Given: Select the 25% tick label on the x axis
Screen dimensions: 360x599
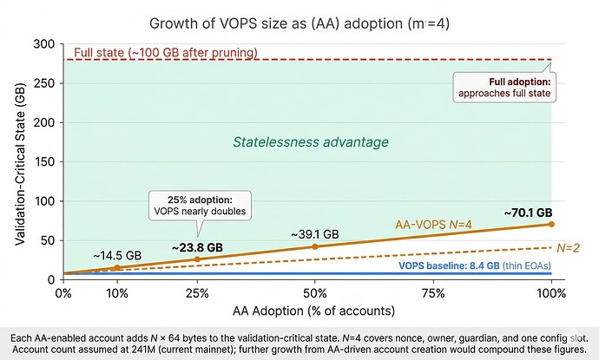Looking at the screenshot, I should click(196, 293).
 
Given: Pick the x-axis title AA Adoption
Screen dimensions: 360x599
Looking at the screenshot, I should click(307, 311).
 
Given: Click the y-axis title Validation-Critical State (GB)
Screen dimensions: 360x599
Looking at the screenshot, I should click(21, 161).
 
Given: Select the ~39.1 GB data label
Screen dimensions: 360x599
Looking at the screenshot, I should click(314, 233).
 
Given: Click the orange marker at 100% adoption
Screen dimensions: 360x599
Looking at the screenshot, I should click(550, 224).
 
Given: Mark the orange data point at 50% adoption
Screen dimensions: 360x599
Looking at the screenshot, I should click(314, 246).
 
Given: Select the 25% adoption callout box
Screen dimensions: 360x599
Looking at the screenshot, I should click(199, 204).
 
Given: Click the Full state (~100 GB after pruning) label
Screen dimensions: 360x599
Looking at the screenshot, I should click(166, 53).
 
